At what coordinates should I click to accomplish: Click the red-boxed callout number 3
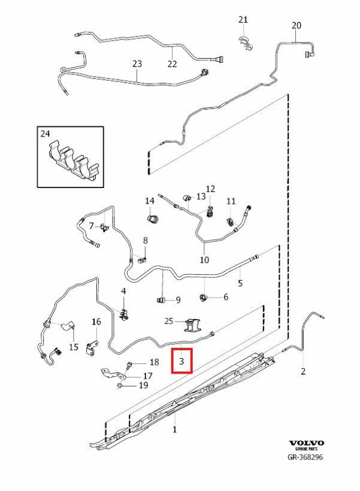coord(181,361)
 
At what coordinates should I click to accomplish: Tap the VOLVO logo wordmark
coord(307,442)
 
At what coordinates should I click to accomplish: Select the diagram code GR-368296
coord(305,457)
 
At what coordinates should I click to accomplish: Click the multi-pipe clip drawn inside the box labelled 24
coord(72,159)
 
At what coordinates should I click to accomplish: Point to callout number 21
coord(243,19)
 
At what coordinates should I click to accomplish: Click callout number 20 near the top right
coord(297,25)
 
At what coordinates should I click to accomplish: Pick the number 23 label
coord(137,64)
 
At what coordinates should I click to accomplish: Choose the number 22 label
coord(172,64)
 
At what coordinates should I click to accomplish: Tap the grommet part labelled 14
coord(153,219)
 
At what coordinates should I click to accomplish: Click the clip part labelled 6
coord(203,296)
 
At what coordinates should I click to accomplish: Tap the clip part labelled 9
coord(161,300)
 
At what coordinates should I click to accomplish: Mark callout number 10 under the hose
coord(204,260)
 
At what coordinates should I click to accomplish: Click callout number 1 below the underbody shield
coord(174,429)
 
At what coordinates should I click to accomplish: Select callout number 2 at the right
coord(302,371)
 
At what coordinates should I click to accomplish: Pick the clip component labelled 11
coord(231,222)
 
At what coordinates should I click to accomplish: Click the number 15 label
coord(74,347)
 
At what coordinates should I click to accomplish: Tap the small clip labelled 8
coord(142,260)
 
